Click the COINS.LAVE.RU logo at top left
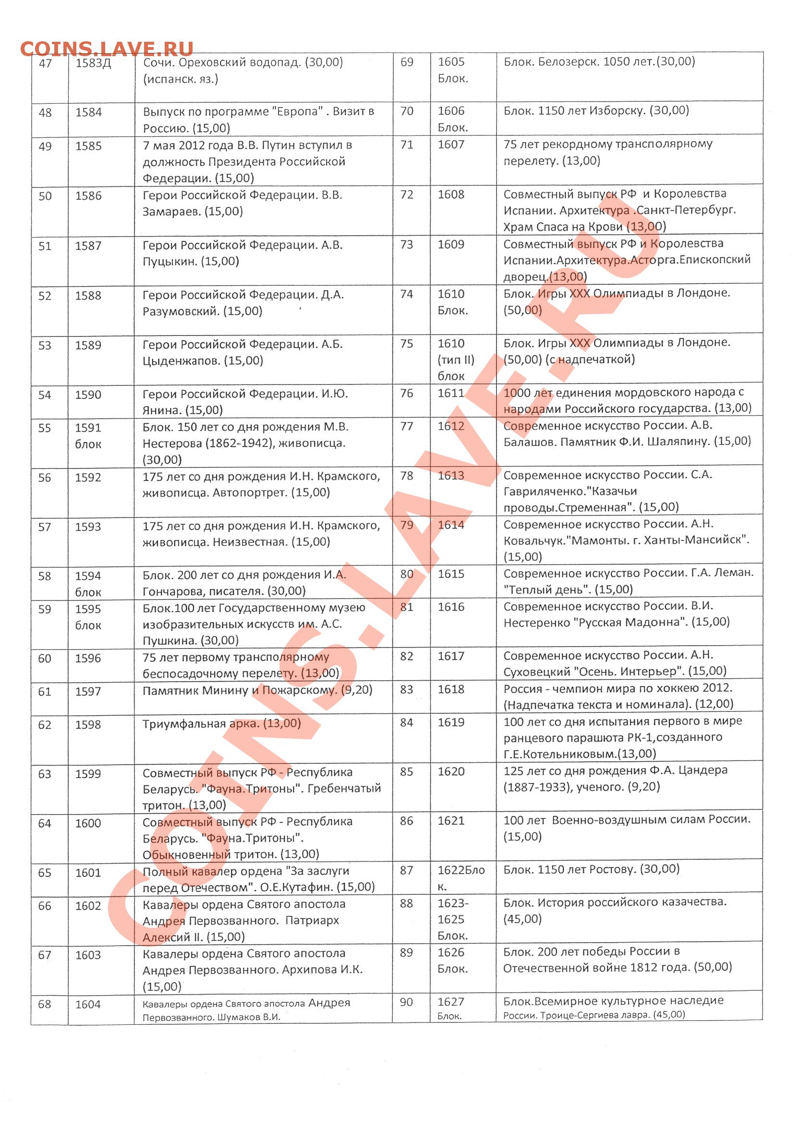pyautogui.click(x=106, y=48)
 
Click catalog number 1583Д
pyautogui.click(x=93, y=63)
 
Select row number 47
pyautogui.click(x=45, y=63)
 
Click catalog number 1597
pyautogui.click(x=87, y=691)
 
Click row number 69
pyautogui.click(x=407, y=62)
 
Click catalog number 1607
pyautogui.click(x=451, y=145)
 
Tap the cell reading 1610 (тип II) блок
pyautogui.click(x=456, y=360)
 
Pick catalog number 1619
pyautogui.click(x=451, y=722)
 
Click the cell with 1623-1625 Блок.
pyautogui.click(x=453, y=919)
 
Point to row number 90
pyautogui.click(x=406, y=1002)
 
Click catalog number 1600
pyautogui.click(x=87, y=823)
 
